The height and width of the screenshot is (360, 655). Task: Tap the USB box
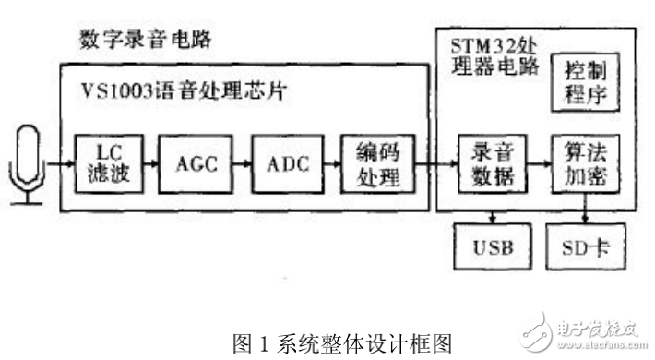coord(494,248)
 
